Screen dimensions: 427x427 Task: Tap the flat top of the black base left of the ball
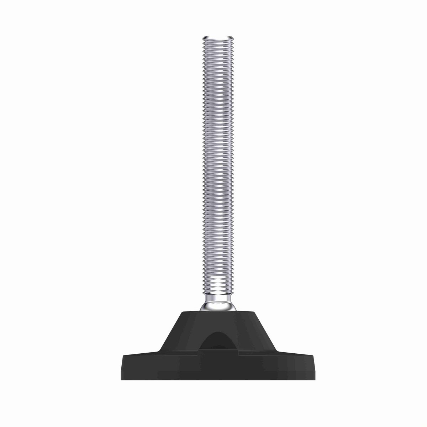tap(190, 312)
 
